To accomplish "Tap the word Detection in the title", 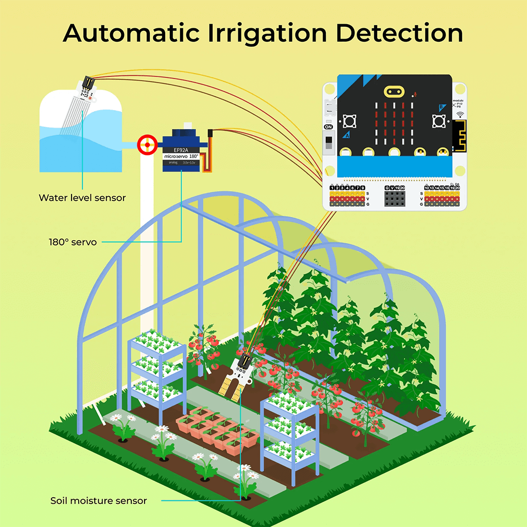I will point(399,33).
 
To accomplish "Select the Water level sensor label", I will point(82,198).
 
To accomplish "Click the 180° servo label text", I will point(73,241).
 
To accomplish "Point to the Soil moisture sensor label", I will point(98,501).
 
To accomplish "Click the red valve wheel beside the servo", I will point(147,145).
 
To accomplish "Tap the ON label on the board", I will point(328,127).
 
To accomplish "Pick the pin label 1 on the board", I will point(332,188).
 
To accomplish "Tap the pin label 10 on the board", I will point(427,188).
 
